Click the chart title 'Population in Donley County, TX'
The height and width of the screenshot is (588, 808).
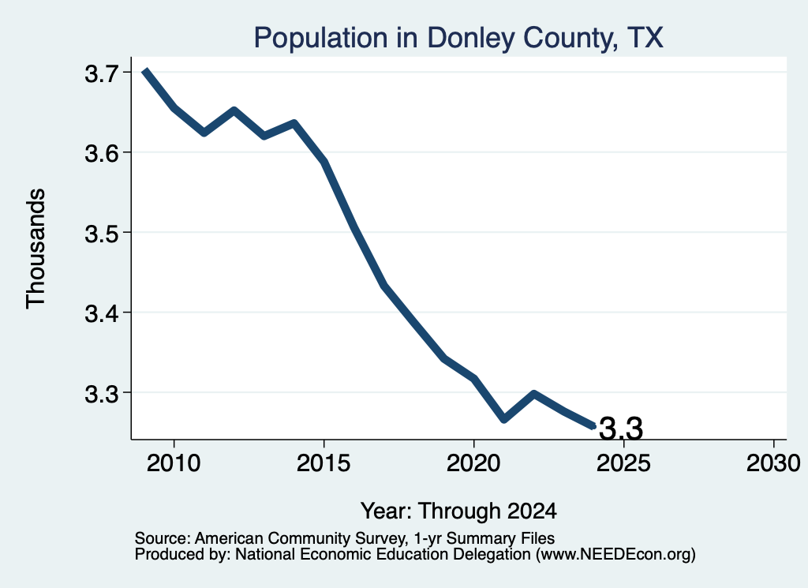tap(458, 38)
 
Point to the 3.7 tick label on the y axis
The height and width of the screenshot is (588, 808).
tap(102, 73)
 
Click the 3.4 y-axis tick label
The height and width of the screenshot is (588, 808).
tap(102, 313)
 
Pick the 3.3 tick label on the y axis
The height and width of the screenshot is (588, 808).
tap(102, 394)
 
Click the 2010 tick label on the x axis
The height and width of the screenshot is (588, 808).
tap(174, 463)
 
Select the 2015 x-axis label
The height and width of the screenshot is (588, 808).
tap(324, 463)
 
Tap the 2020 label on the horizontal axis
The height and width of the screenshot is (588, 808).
tap(473, 463)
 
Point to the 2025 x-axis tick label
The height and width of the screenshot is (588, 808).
tap(623, 463)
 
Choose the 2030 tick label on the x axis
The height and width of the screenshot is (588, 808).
tap(773, 463)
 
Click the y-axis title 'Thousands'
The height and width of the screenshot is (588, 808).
tap(36, 249)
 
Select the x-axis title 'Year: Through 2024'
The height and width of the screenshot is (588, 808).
tap(458, 511)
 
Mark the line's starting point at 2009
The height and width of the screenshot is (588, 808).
tap(145, 70)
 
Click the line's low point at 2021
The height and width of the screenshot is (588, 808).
tap(504, 418)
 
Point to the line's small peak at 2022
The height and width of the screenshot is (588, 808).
tap(534, 395)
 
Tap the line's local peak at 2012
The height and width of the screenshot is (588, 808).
tap(234, 110)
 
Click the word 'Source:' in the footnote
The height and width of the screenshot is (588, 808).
tap(163, 538)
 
